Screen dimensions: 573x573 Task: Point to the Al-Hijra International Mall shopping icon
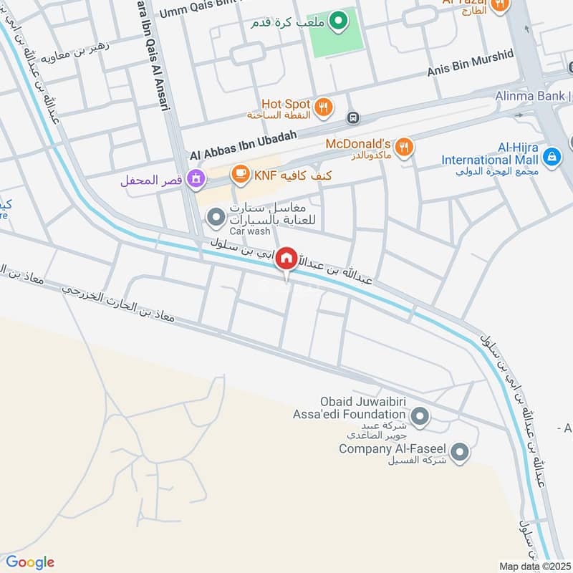552,155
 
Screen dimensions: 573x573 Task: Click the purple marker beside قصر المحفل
194,178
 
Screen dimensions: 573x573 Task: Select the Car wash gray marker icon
215,216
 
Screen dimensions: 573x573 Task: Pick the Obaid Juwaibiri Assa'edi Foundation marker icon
421,415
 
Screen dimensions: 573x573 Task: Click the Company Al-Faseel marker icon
460,451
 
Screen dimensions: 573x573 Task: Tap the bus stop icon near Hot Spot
353,117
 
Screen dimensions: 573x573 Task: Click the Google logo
30,562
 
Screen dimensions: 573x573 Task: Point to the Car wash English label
250,232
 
